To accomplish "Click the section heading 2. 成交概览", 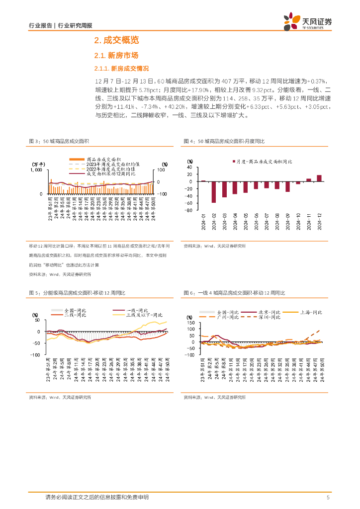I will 116,40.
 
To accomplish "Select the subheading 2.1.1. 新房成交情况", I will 121,68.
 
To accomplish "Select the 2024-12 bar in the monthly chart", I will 319,178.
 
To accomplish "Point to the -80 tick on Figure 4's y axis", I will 188,210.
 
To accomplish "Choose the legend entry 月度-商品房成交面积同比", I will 264,162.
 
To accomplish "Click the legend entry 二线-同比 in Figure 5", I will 75,315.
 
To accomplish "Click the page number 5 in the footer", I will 328,497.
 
